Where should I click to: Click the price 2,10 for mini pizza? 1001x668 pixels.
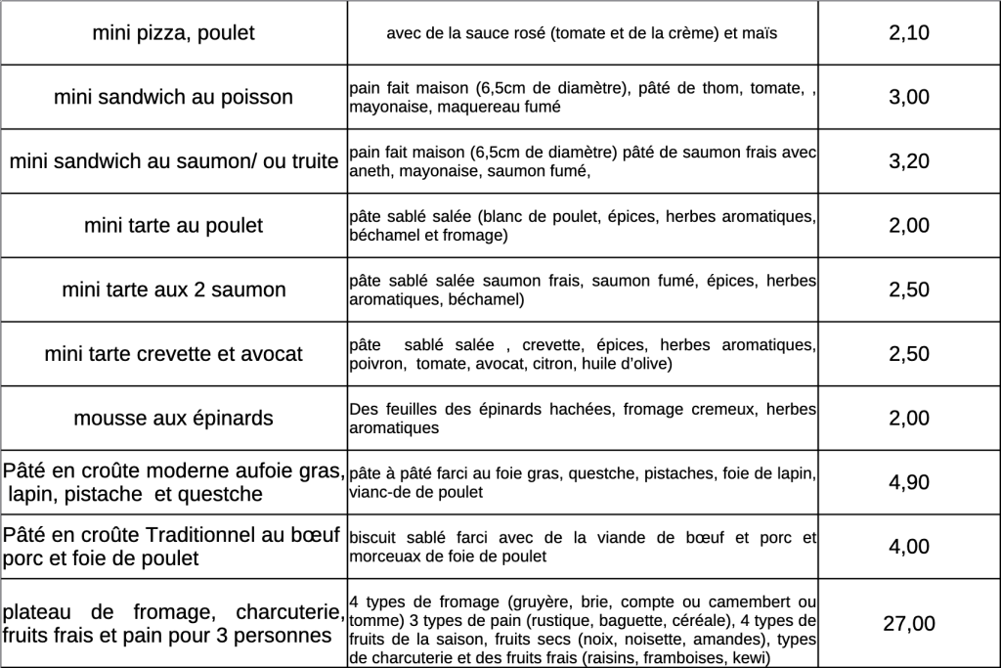click(909, 33)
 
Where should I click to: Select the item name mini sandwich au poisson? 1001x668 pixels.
click(173, 97)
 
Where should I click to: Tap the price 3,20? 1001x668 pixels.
click(909, 161)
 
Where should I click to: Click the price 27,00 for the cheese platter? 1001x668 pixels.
click(909, 624)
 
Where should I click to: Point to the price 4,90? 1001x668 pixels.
click(909, 482)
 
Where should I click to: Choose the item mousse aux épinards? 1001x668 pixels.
click(173, 419)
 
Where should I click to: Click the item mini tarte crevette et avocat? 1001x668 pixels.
click(173, 354)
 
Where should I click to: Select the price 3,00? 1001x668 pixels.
click(909, 97)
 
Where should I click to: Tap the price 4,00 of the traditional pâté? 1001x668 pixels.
click(909, 547)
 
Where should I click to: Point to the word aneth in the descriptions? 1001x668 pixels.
click(370, 171)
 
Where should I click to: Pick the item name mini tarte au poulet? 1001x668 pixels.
click(173, 226)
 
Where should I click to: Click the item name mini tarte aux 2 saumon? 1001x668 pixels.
click(173, 289)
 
